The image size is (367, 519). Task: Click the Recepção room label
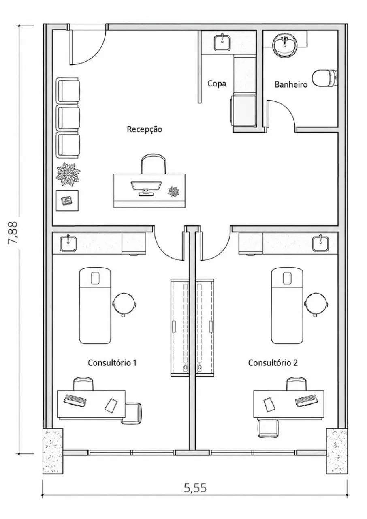[x=144, y=129]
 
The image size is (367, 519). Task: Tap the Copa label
[x=217, y=84]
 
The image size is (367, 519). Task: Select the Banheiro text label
[x=291, y=84]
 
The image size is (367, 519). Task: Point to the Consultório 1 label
[x=112, y=362]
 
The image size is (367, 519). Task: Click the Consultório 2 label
[x=273, y=362]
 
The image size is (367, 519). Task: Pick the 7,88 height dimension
[x=13, y=232]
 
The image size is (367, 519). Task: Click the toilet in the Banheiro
[x=325, y=78]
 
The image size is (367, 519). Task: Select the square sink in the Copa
[x=222, y=43]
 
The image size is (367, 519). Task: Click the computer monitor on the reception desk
[x=146, y=188]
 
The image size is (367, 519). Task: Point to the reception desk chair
[x=154, y=163]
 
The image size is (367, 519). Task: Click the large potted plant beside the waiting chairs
[x=68, y=174]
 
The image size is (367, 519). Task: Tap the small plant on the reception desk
[x=173, y=191]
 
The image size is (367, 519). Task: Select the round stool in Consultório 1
[x=124, y=304]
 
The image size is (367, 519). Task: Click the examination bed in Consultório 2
[x=287, y=306]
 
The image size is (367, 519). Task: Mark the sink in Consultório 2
[x=320, y=243]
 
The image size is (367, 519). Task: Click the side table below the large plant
[x=67, y=201]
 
